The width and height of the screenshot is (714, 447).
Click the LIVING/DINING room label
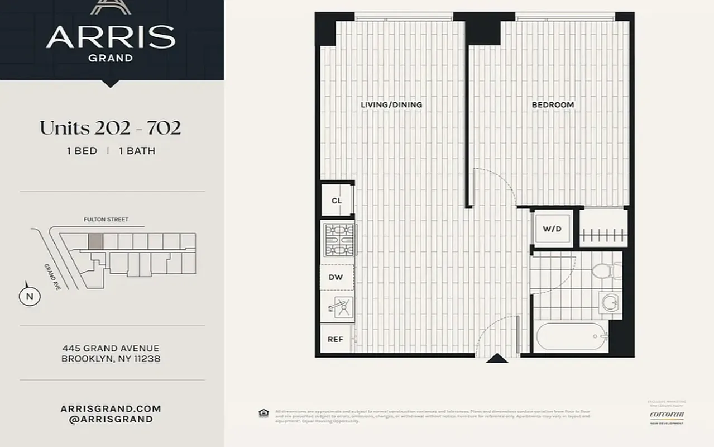tap(391, 105)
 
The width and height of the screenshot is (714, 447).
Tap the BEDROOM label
tap(552, 105)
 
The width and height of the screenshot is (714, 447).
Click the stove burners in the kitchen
tap(339, 240)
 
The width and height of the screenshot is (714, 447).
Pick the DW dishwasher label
tap(336, 277)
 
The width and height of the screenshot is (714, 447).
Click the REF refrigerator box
tap(335, 339)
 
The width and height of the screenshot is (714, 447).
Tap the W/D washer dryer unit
tap(552, 229)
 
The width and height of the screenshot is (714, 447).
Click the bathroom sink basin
tap(610, 304)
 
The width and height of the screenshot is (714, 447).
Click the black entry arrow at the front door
tap(497, 358)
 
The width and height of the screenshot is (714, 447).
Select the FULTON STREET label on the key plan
tap(106, 220)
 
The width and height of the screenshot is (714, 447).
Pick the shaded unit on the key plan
tap(95, 241)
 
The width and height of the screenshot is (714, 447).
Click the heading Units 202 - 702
tap(110, 128)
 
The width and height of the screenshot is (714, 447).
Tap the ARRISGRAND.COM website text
tap(111, 409)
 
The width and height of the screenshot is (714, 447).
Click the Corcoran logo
tap(667, 415)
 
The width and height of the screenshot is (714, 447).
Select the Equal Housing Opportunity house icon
tap(263, 413)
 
